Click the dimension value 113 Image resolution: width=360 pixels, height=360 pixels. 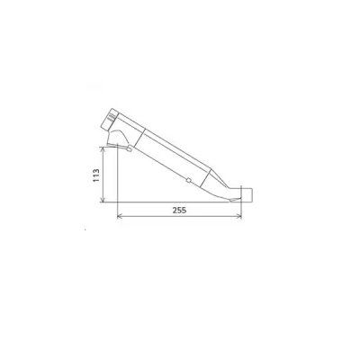pos(96,175)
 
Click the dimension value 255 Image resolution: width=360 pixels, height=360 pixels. pos(179,211)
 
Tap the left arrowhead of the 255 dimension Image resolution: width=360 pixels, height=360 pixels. pos(119,216)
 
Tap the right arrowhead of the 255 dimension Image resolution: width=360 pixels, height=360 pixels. pos(239,216)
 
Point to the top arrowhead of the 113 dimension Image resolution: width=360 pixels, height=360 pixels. pos(103,149)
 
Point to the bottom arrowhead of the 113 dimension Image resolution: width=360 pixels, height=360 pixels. pos(103,200)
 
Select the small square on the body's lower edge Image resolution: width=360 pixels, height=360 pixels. pos(188,180)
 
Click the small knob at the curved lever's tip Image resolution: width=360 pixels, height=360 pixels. pos(130,148)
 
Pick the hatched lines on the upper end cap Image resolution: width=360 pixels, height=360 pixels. pos(112,117)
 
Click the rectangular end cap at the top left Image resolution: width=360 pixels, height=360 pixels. pos(110,120)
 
